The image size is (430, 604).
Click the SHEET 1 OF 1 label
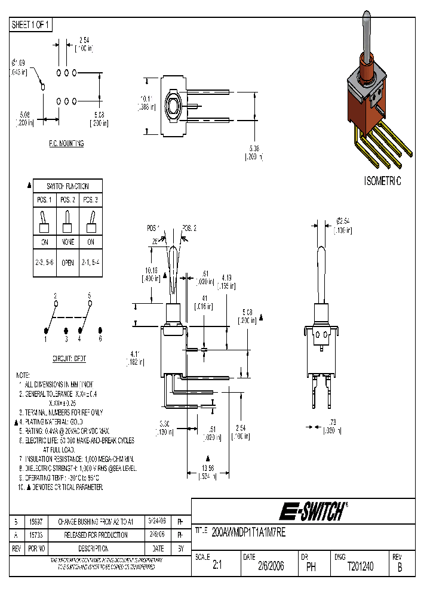31,25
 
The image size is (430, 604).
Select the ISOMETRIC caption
383,181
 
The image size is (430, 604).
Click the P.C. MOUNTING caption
66,144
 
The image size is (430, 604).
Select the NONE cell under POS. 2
67,242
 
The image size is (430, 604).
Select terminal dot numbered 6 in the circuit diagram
100,331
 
